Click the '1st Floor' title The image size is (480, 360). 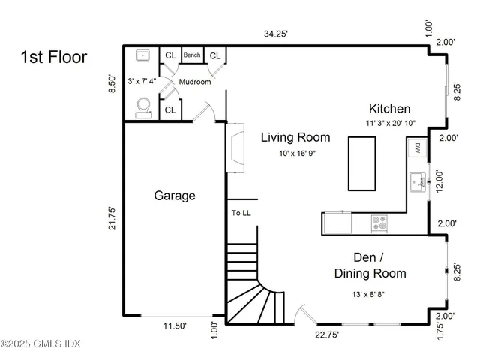point(54,57)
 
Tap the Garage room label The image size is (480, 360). point(175,196)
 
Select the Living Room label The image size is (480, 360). point(295,137)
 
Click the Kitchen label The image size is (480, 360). point(388,109)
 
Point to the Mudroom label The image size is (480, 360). point(194,82)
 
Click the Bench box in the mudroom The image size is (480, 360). point(193,55)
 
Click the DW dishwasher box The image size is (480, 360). point(417,148)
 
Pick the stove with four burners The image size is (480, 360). point(380,223)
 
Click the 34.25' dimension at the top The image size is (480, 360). point(276,34)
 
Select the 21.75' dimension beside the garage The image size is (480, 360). point(112,223)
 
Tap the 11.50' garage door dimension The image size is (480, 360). point(175,326)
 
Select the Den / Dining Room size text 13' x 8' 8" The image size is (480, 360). point(370,293)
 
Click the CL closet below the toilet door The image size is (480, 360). point(170,110)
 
